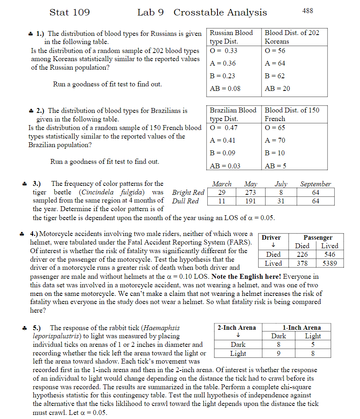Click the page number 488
click(x=307, y=11)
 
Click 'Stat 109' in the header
click(x=69, y=13)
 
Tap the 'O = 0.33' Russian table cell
click(x=224, y=51)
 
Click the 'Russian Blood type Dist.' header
click(x=231, y=37)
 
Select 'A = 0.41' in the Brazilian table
click(x=223, y=140)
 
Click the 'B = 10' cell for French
click(x=275, y=153)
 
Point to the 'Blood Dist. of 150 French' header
click(x=292, y=115)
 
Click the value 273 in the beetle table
click(x=250, y=192)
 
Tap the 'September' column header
click(x=316, y=184)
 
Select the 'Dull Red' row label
click(x=185, y=201)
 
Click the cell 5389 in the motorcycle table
click(x=329, y=263)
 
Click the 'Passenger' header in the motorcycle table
click(x=318, y=237)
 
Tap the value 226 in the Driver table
click(x=302, y=254)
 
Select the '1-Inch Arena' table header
click(x=301, y=328)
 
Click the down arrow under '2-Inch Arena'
click(x=237, y=336)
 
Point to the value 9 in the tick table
click(x=279, y=353)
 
